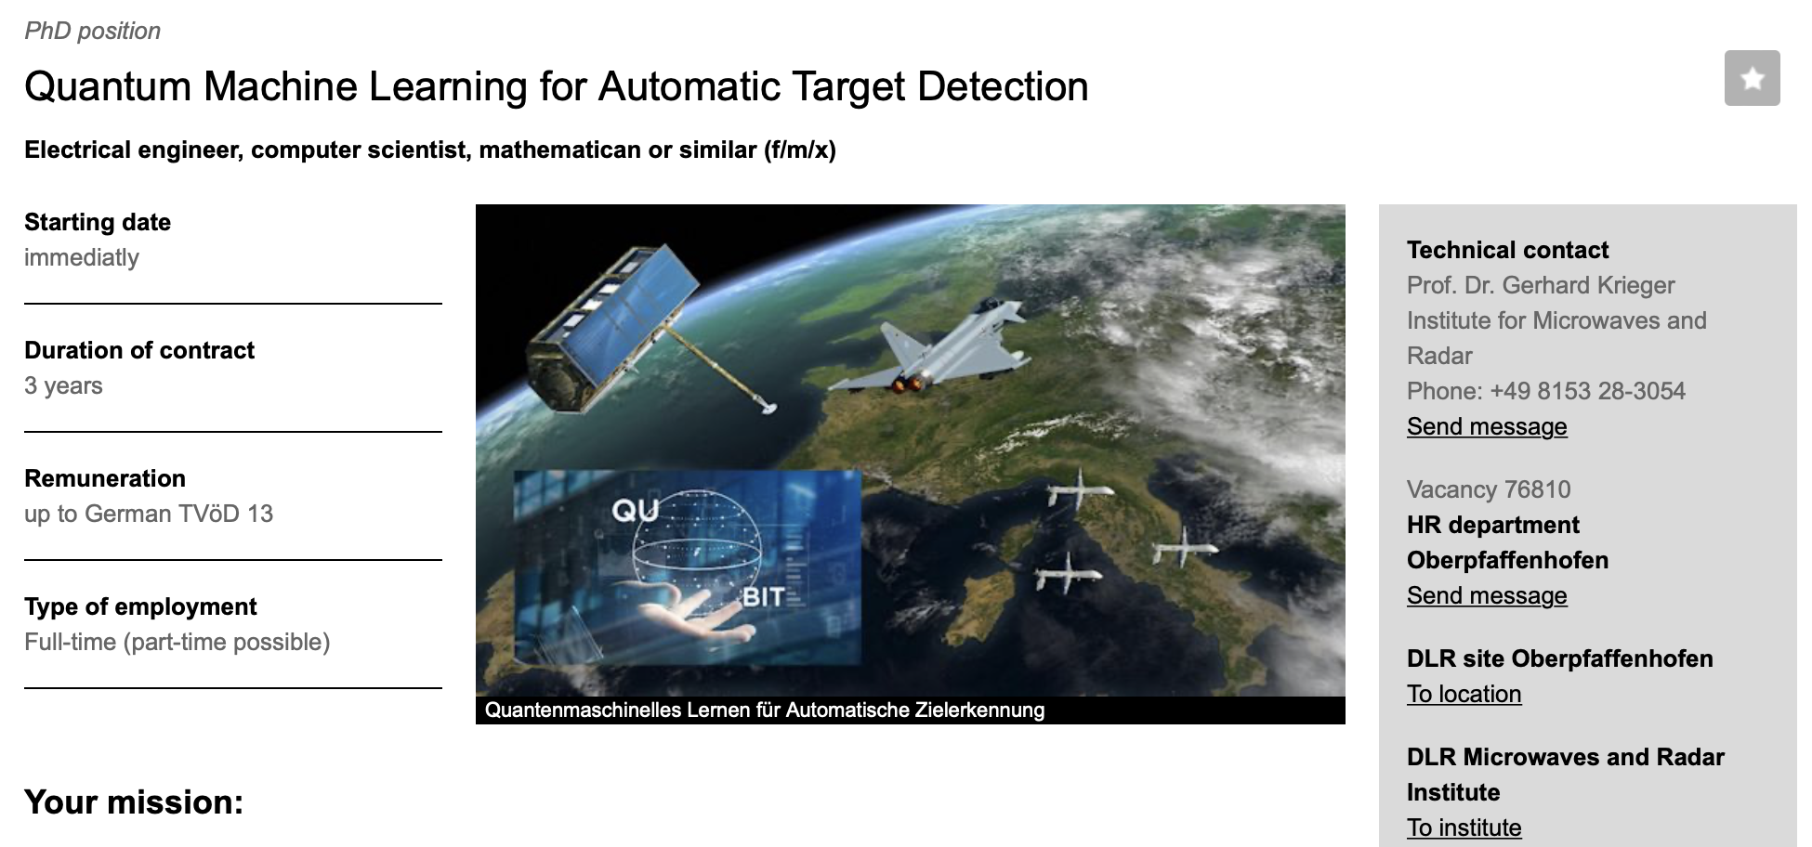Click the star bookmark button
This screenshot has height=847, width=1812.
(1752, 78)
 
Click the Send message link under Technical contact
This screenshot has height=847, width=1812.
(1487, 426)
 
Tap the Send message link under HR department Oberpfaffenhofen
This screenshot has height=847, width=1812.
(1487, 595)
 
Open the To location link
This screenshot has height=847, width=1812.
(1464, 694)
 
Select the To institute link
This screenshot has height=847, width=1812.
(1464, 827)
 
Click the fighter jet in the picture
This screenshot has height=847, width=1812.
(929, 353)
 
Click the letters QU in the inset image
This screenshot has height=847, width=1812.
(636, 511)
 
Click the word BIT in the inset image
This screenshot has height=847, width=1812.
(764, 597)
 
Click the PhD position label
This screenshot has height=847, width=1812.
(92, 31)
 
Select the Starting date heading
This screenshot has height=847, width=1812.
(98, 222)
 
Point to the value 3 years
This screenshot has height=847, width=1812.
(63, 385)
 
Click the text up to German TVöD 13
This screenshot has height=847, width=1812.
(149, 514)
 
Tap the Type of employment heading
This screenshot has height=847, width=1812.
(140, 606)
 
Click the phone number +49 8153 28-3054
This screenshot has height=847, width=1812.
(1587, 391)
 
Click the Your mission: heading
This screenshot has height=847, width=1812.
(134, 802)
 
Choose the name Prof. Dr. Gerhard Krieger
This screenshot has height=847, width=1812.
(1541, 285)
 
